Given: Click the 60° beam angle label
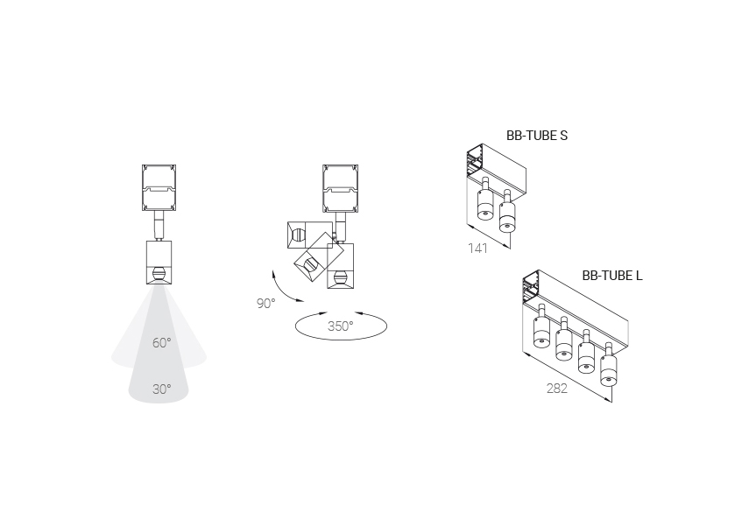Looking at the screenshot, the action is tap(161, 343).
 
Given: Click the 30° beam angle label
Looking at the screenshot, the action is tap(161, 389).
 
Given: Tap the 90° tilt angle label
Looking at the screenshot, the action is tap(265, 303).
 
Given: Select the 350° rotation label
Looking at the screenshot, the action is tap(340, 326).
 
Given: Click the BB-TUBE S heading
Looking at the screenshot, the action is tap(537, 136).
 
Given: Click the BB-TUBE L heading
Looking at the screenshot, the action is tap(612, 276).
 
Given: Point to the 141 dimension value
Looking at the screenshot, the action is tap(477, 249).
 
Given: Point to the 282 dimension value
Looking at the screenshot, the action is tap(557, 389).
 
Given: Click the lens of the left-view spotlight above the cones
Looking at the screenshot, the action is tap(159, 274).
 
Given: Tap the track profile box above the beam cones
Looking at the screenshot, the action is tap(159, 187).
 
